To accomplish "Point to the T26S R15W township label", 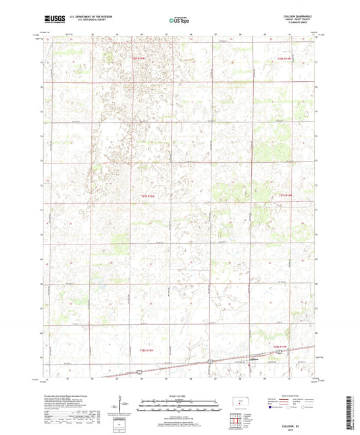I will [x=138, y=59].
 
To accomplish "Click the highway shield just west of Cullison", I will [x=209, y=362].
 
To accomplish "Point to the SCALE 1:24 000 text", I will [x=179, y=395].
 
